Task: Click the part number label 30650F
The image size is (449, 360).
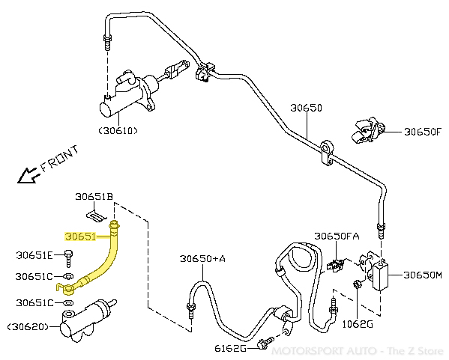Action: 423,132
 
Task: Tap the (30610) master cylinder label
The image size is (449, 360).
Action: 118,131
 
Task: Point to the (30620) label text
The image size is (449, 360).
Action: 28,327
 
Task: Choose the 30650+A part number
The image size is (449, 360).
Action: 202,259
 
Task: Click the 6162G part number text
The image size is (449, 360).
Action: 230,348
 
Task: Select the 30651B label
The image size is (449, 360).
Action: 94,197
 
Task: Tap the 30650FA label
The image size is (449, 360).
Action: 337,237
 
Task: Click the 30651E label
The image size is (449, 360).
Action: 35,254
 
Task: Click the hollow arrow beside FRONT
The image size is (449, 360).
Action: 28,176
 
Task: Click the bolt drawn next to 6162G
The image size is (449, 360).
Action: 264,344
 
